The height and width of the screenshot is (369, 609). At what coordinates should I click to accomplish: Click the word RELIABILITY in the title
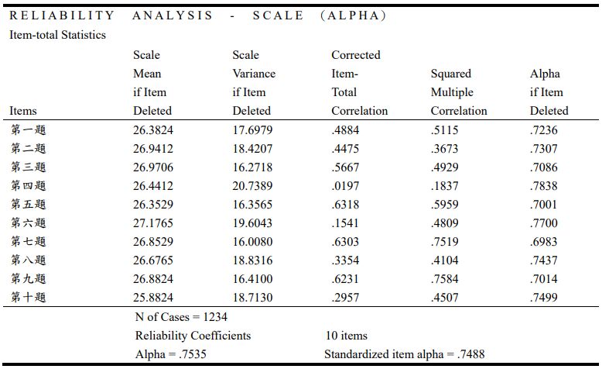click(x=62, y=16)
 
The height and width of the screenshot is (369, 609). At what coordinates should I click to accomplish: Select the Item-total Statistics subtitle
click(x=57, y=35)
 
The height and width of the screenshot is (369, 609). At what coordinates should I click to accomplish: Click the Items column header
click(x=23, y=111)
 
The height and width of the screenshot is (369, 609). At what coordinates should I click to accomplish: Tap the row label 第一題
click(x=28, y=130)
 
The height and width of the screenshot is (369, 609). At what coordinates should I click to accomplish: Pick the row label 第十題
click(x=28, y=298)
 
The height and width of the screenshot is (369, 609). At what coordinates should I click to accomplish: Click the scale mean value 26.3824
click(x=152, y=130)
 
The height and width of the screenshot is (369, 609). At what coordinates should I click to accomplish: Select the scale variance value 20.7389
click(x=252, y=186)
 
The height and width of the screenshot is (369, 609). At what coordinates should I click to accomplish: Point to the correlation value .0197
click(x=345, y=186)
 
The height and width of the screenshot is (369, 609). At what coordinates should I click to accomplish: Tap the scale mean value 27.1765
click(x=152, y=223)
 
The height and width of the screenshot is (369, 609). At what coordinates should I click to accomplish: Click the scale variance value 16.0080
click(x=252, y=242)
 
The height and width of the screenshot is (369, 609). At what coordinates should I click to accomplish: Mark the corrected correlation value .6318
click(x=345, y=205)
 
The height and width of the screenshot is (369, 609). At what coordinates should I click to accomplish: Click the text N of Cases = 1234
click(x=181, y=317)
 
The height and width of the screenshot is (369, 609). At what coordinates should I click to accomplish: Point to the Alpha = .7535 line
click(x=170, y=354)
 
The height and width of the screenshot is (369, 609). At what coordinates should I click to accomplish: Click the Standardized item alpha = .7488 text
click(x=404, y=354)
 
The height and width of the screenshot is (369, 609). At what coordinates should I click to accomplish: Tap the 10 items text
click(x=346, y=336)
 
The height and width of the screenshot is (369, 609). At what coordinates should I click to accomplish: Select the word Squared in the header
click(x=450, y=74)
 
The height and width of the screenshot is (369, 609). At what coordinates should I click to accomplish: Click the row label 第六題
click(x=28, y=223)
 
